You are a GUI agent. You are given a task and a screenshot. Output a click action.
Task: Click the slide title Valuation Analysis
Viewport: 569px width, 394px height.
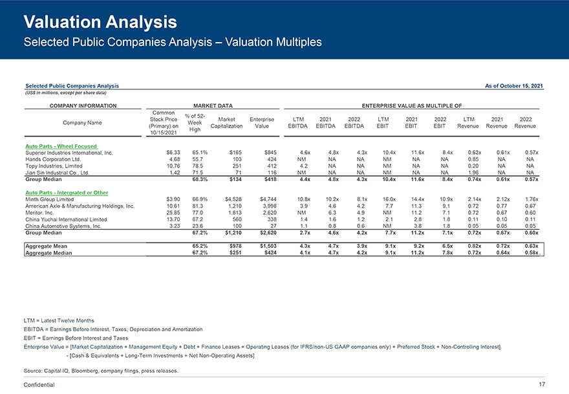tap(100, 23)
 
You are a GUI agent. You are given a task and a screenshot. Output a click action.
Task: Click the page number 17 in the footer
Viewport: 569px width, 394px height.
tap(542, 384)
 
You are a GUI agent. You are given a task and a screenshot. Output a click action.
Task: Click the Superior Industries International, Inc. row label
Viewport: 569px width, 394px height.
tap(69, 153)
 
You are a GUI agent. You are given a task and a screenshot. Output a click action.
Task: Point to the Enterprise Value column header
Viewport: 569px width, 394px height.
tap(262, 123)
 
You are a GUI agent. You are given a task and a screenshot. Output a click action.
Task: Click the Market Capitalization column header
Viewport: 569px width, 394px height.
tap(226, 123)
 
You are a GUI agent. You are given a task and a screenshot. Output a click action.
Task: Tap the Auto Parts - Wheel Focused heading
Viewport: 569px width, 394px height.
tap(61, 146)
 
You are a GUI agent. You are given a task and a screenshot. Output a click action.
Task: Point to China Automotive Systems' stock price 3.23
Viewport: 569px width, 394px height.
tap(171, 226)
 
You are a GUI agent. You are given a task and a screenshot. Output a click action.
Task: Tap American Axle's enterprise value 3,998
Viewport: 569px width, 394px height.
tap(266, 206)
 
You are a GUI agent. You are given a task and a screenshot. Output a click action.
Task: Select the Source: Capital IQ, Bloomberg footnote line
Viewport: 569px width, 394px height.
tap(100, 371)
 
